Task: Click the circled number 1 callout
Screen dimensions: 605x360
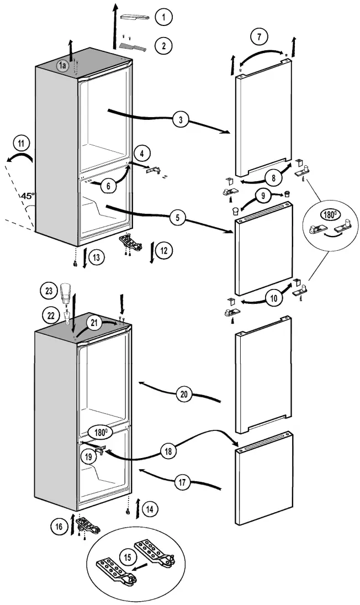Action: [163, 18]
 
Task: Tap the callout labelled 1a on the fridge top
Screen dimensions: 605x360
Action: [62, 66]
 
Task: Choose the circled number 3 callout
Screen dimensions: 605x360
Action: [180, 119]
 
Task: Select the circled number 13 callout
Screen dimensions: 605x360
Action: [96, 257]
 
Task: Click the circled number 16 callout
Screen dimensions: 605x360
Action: [59, 527]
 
